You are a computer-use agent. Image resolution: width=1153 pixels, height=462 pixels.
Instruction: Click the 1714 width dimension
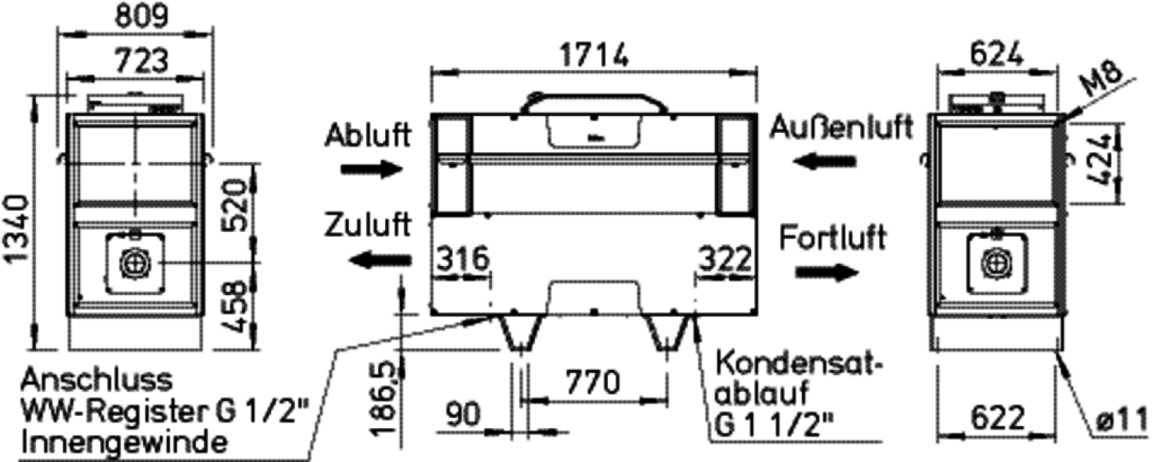594,55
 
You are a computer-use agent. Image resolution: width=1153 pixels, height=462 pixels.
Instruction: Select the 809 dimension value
141,15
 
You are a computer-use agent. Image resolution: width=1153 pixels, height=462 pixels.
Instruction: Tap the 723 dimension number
141,60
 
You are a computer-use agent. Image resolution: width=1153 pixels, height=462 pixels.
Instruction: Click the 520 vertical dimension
237,204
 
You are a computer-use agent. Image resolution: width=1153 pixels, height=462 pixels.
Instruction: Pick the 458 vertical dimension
237,307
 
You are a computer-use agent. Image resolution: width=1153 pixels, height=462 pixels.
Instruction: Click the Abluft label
368,135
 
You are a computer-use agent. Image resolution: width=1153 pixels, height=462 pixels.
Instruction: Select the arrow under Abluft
371,168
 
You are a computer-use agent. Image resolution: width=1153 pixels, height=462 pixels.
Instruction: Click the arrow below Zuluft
380,260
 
